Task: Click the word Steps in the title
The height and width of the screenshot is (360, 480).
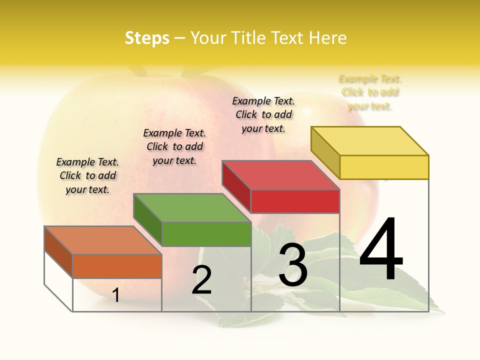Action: pyautogui.click(x=147, y=38)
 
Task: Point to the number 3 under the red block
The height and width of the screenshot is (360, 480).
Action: pyautogui.click(x=293, y=265)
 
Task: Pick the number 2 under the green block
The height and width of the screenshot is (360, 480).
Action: pyautogui.click(x=202, y=280)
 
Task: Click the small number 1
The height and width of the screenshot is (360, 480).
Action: pyautogui.click(x=116, y=295)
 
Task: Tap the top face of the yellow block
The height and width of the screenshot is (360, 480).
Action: pyautogui.click(x=370, y=140)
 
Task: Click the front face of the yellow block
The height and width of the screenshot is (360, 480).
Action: pyautogui.click(x=384, y=167)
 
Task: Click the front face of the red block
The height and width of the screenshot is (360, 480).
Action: pyautogui.click(x=295, y=201)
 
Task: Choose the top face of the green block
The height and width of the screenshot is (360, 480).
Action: pyautogui.click(x=192, y=208)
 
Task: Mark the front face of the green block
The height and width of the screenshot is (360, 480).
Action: pyautogui.click(x=206, y=234)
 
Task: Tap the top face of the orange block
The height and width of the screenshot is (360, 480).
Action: pyautogui.click(x=103, y=240)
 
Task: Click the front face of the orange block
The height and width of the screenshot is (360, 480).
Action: pyautogui.click(x=117, y=266)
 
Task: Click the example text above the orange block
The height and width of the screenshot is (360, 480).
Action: pyautogui.click(x=87, y=175)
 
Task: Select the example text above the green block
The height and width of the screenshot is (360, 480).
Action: pyautogui.click(x=174, y=146)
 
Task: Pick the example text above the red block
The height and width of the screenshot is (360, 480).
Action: pyautogui.click(x=263, y=114)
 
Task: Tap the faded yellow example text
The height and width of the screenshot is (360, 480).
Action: pyautogui.click(x=370, y=92)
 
